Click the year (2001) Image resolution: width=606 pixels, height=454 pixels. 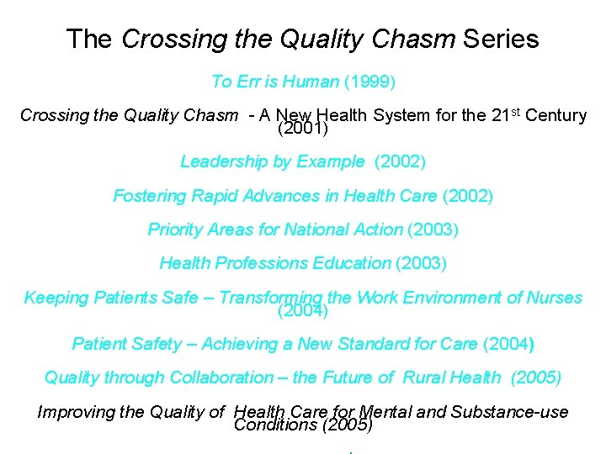coord(302,129)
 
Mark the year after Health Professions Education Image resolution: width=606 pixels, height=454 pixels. coord(421,263)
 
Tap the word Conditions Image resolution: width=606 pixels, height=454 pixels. coord(274,425)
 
